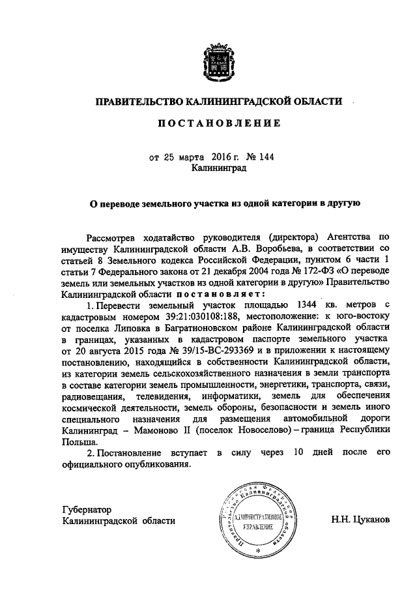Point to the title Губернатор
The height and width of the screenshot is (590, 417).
[x=88, y=509]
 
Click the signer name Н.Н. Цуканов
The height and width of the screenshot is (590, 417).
[x=360, y=521]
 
